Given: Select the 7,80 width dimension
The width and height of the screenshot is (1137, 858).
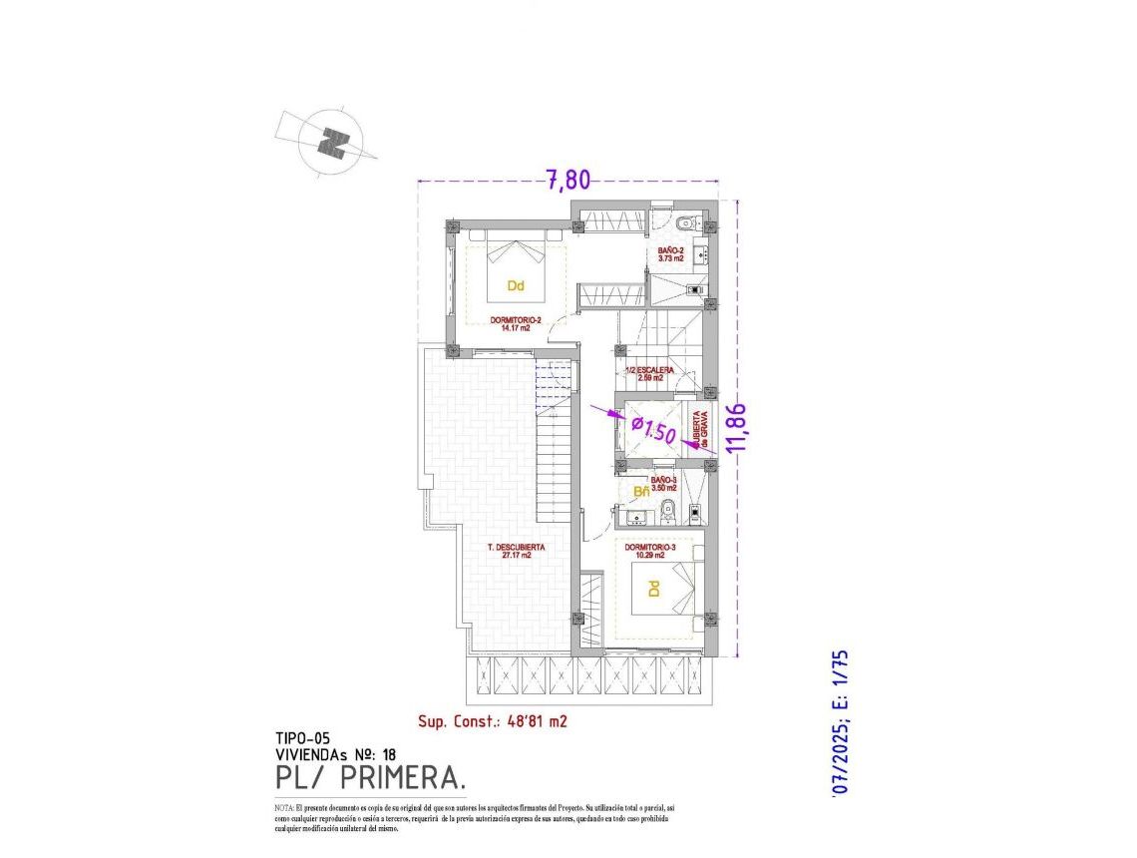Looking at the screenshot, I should [x=567, y=180].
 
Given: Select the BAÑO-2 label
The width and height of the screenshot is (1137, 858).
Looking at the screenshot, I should [x=669, y=253].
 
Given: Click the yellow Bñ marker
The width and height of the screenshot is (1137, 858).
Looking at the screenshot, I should [x=641, y=491].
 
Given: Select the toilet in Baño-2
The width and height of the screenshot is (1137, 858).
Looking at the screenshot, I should [x=686, y=222].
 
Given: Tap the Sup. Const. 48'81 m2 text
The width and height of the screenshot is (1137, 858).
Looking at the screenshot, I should [x=492, y=720].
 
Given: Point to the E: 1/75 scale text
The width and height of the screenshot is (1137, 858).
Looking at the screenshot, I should [x=839, y=682].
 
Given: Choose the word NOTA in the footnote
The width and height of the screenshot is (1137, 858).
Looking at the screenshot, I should [x=282, y=806].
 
